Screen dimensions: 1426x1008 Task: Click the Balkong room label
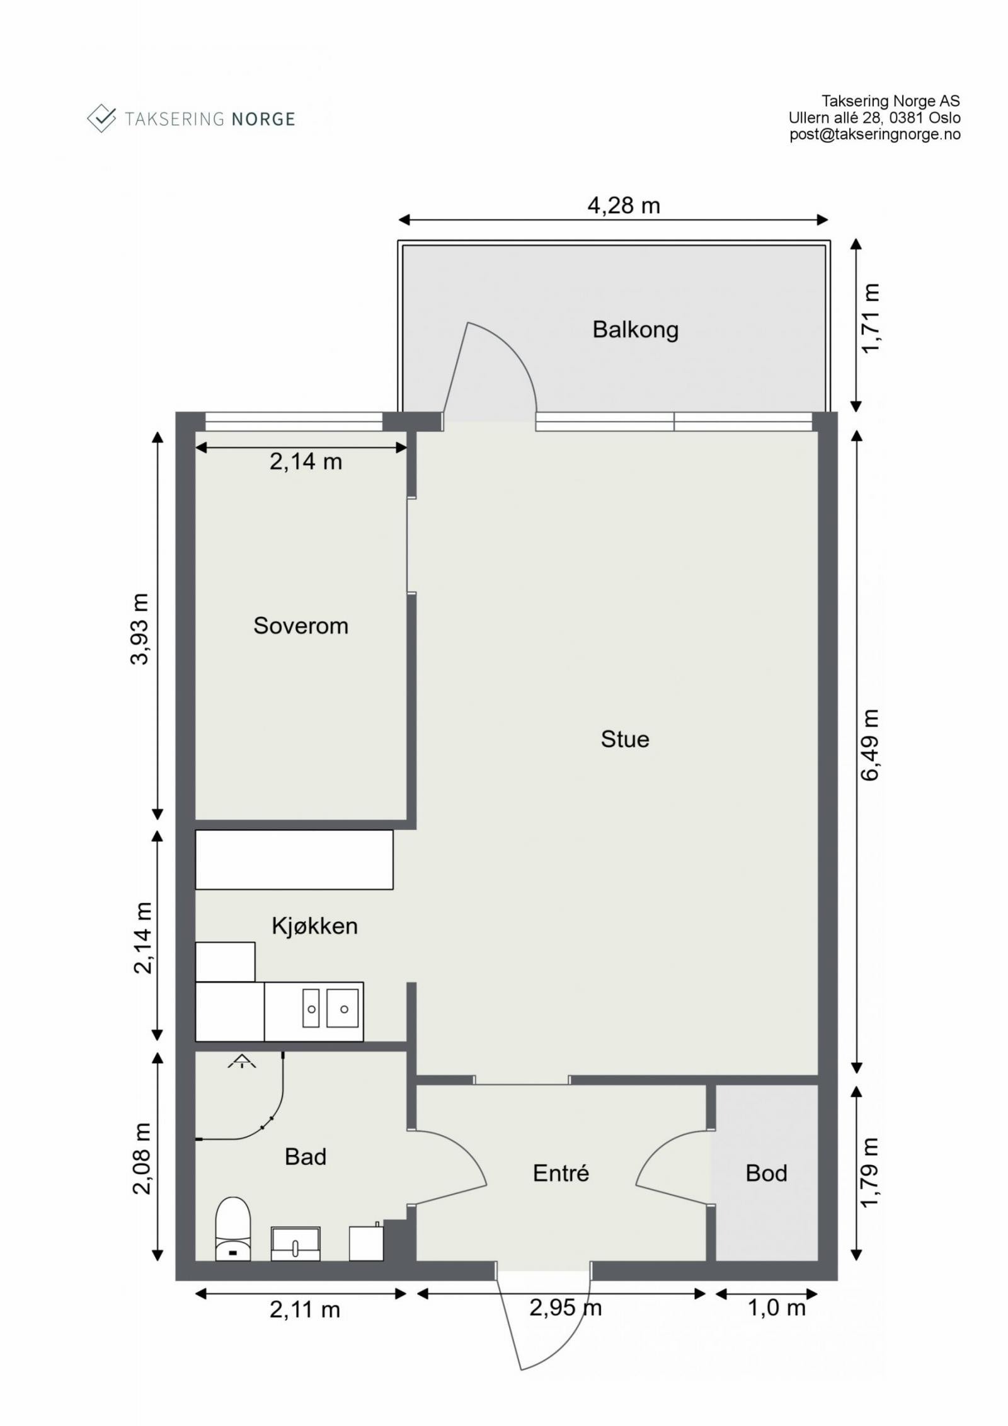tap(635, 330)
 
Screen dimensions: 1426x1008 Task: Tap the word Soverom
tap(301, 626)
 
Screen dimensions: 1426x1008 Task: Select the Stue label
tap(624, 739)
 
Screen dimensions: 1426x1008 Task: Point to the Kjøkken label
tap(314, 926)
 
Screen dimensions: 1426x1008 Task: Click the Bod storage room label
tap(766, 1173)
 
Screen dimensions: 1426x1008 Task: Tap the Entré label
tap(561, 1173)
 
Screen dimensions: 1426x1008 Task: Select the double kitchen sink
tap(329, 1008)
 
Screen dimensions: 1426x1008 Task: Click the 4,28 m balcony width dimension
tap(623, 205)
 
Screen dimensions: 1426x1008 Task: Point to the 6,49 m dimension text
tap(870, 745)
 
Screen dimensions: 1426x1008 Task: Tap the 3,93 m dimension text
tap(139, 628)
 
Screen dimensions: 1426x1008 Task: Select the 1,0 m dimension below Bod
tap(776, 1308)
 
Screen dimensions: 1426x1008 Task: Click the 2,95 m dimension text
tap(565, 1308)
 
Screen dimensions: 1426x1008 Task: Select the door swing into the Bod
tap(658, 1153)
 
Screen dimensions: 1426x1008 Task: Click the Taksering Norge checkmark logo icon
tap(101, 118)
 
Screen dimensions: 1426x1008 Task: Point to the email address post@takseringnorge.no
tap(874, 134)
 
